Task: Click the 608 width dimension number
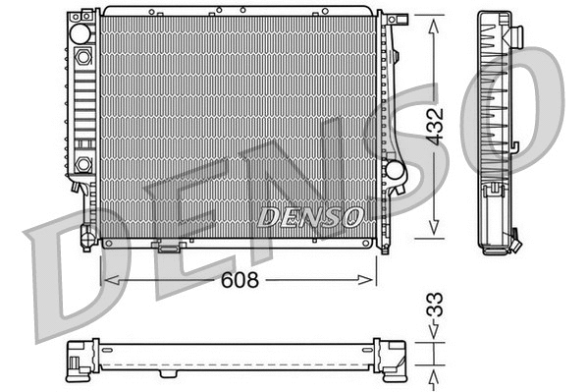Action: pos(239,280)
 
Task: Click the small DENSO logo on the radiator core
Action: pos(310,214)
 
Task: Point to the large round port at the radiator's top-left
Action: pos(80,32)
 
